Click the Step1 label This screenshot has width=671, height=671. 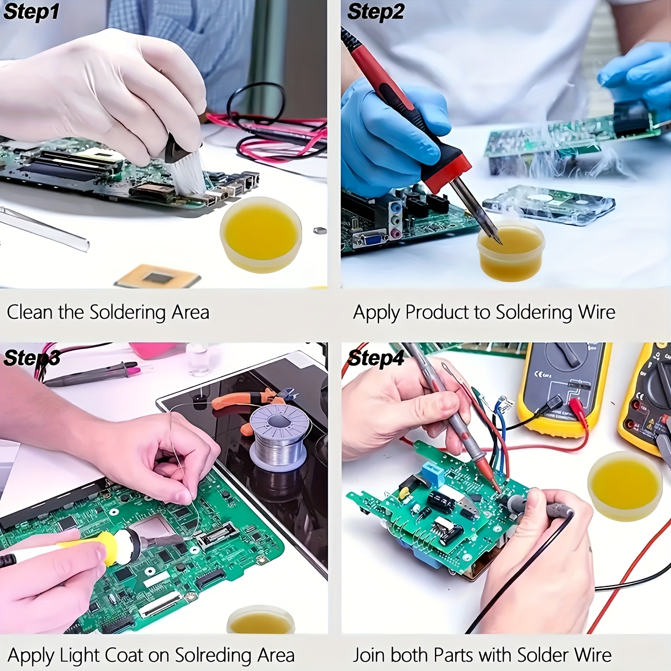click(x=31, y=12)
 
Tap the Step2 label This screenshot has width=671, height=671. click(x=375, y=12)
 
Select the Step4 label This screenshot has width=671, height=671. click(x=376, y=359)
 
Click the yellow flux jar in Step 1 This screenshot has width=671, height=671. click(x=260, y=235)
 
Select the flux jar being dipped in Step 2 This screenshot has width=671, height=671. click(x=510, y=252)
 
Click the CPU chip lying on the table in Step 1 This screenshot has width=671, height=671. click(x=157, y=277)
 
